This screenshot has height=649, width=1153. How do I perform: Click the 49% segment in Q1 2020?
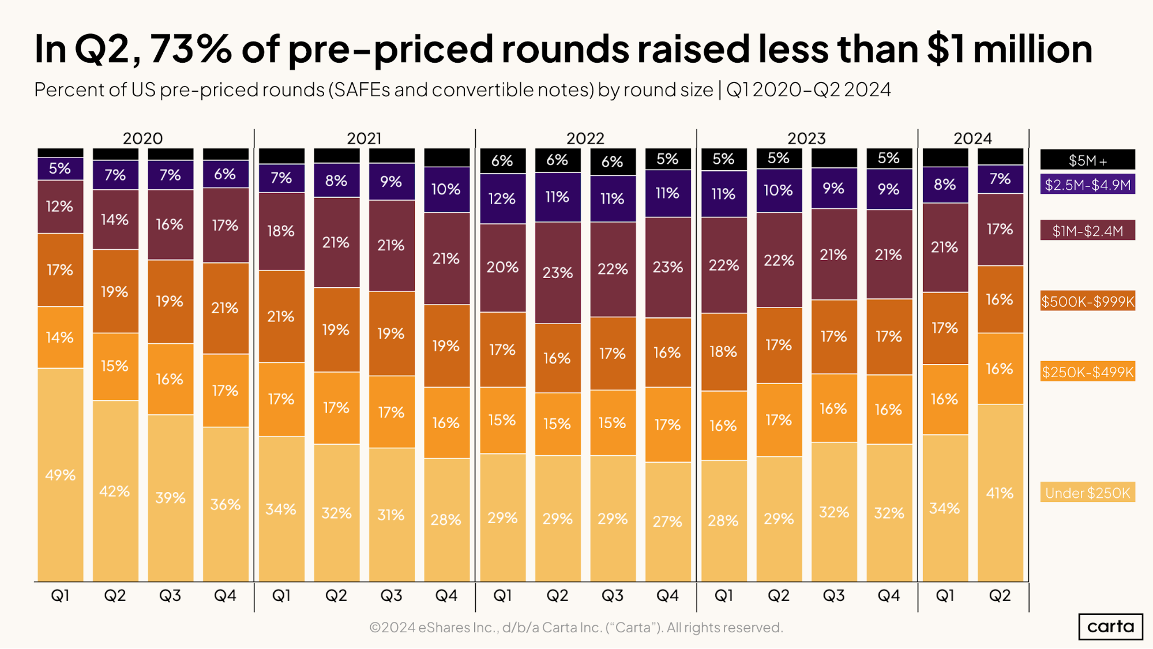click(x=61, y=475)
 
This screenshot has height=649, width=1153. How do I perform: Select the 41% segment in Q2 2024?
click(x=1000, y=493)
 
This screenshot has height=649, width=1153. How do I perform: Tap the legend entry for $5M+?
click(x=1087, y=160)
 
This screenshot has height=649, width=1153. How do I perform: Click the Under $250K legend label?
click(x=1087, y=493)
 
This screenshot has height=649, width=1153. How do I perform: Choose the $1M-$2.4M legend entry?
click(x=1087, y=231)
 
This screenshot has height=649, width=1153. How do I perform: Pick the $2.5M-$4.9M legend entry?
click(x=1087, y=185)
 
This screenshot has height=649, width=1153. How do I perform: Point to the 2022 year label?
click(x=585, y=138)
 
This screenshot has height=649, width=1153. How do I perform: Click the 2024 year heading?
click(x=972, y=138)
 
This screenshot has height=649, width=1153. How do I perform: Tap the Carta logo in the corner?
click(x=1110, y=627)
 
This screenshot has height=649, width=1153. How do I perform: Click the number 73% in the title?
click(x=190, y=49)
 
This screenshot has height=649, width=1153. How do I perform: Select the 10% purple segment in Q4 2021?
click(x=446, y=189)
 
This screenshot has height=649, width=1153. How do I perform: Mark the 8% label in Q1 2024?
click(x=945, y=185)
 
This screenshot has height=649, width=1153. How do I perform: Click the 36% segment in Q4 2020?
click(x=226, y=504)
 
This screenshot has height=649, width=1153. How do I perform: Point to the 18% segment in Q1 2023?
click(x=723, y=351)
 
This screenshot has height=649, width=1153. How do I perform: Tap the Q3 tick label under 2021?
click(x=391, y=595)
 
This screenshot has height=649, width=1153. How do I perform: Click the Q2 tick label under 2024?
click(x=1000, y=595)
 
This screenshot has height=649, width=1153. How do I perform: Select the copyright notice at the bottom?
click(x=576, y=627)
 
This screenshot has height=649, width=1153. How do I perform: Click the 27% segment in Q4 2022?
click(x=667, y=521)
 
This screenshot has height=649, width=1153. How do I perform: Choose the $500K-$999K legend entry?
click(x=1087, y=301)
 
